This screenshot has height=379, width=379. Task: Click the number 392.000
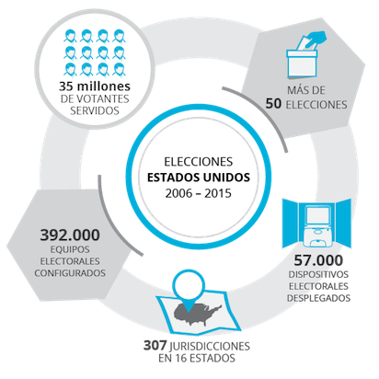70,235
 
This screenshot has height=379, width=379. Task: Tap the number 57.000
318,260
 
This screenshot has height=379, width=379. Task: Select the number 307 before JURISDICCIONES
155,346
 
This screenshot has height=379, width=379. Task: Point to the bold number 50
273,104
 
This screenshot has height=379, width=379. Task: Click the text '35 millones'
95,86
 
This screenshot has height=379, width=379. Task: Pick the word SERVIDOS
95,110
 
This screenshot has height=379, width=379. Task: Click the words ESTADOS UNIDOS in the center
199,178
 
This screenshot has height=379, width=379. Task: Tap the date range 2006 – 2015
199,193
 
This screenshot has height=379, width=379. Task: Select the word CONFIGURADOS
70,273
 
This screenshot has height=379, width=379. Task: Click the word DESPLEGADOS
318,298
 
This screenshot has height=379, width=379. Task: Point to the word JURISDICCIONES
210,346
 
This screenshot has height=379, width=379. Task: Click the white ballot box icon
302,63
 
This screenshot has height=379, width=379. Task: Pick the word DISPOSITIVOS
318,274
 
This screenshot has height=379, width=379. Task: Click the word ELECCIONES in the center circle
199,162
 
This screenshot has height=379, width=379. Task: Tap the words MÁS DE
306,90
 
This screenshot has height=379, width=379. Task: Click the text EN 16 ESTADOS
197,358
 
